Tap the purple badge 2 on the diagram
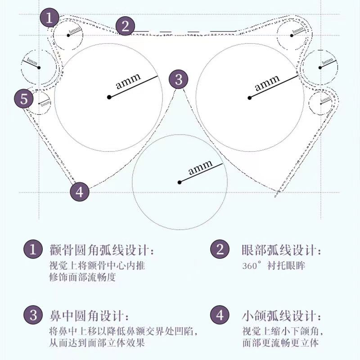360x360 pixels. [x=126, y=26]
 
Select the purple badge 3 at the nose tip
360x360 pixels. [x=179, y=80]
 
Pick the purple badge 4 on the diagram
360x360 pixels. [x=80, y=192]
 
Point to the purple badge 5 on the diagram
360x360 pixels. [x=23, y=99]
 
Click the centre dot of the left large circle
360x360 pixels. [x=109, y=97]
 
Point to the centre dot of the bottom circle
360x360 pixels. [x=180, y=182]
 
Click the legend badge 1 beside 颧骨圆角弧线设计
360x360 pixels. [x=33, y=250]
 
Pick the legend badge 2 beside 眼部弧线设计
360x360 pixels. [x=220, y=250]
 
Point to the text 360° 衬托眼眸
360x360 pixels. [x=273, y=265]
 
